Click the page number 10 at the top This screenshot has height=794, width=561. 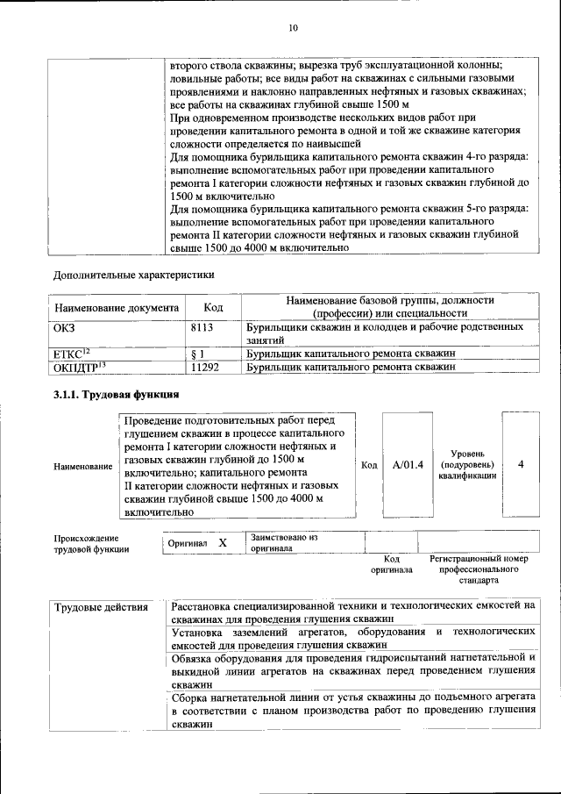293,28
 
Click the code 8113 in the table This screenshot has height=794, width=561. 203,326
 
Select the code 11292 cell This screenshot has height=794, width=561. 204,368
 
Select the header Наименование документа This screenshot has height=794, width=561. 117,308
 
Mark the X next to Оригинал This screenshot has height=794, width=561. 223,543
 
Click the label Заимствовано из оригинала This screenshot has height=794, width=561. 284,541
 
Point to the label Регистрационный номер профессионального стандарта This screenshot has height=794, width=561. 479,569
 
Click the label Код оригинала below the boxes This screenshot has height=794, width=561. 391,563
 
